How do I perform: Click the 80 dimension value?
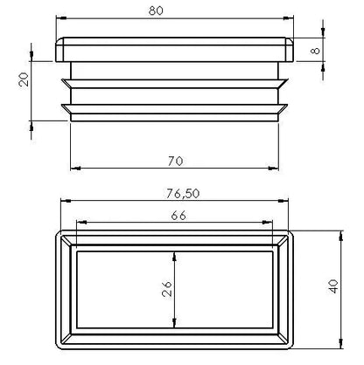coord(156,10)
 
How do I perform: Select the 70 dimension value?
coord(175,161)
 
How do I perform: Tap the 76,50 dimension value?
coord(183,194)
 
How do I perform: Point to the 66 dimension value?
coord(178,216)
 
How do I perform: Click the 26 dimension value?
coord(167,289)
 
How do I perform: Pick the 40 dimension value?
coord(333,286)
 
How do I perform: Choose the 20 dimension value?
coord(24,79)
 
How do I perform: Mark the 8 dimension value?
coord(315,51)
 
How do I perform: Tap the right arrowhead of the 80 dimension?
coord(289,18)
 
